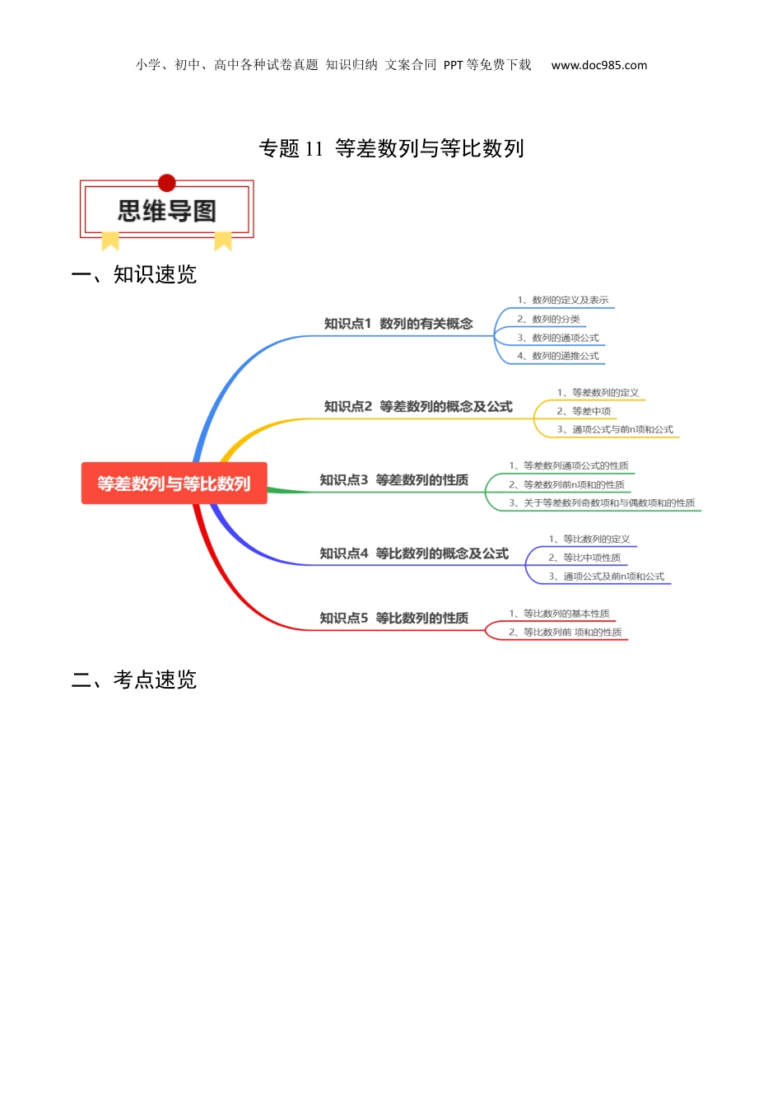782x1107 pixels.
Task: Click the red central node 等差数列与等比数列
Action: pyautogui.click(x=174, y=483)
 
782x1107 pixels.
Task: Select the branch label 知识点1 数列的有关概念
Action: pyautogui.click(x=398, y=324)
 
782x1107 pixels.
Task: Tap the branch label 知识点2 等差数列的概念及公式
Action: pyautogui.click(x=418, y=406)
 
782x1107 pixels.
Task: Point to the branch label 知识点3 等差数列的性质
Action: pyautogui.click(x=393, y=480)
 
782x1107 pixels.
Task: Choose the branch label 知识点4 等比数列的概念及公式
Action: pyautogui.click(x=414, y=553)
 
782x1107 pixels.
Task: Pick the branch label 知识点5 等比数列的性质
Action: pyautogui.click(x=393, y=618)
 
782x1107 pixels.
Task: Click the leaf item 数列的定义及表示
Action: pyautogui.click(x=563, y=300)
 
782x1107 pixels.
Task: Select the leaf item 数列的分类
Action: pyautogui.click(x=548, y=320)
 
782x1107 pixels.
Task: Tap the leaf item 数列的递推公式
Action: pyautogui.click(x=558, y=356)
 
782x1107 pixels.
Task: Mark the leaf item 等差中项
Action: pyautogui.click(x=584, y=411)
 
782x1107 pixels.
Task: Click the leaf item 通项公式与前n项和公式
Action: pyautogui.click(x=615, y=429)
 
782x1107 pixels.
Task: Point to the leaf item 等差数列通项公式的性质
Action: pyautogui.click(x=569, y=465)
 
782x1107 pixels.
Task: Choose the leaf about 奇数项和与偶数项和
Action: pyautogui.click(x=603, y=503)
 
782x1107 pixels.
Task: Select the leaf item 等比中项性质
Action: pyautogui.click(x=584, y=558)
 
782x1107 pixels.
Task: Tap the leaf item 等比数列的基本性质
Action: pyautogui.click(x=559, y=614)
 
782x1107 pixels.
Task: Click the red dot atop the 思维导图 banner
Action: pyautogui.click(x=167, y=183)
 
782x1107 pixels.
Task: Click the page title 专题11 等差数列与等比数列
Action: pyautogui.click(x=391, y=148)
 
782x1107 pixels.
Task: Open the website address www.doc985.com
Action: pyautogui.click(x=598, y=65)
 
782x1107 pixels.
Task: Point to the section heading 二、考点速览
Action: pyautogui.click(x=134, y=680)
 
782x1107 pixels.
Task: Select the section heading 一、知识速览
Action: pyautogui.click(x=134, y=274)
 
